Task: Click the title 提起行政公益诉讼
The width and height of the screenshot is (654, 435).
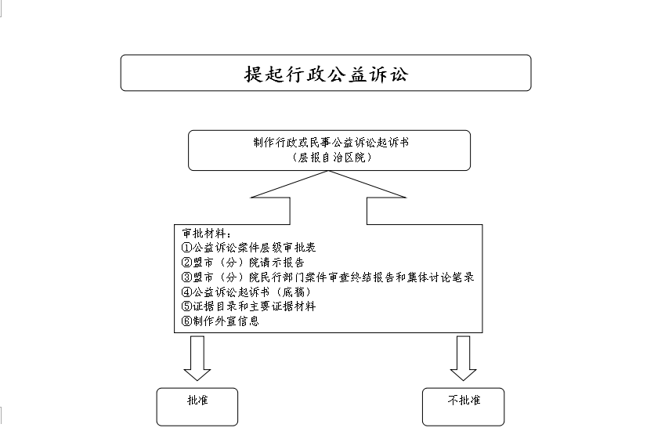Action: [326, 74]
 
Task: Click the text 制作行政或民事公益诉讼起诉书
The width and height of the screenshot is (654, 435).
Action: [331, 143]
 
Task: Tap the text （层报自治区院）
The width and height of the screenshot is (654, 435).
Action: [332, 157]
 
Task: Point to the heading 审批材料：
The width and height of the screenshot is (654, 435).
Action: [207, 234]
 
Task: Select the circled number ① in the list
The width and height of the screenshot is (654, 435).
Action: [186, 248]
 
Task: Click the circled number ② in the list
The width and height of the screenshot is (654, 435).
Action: [186, 262]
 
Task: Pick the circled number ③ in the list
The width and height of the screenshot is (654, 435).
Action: [186, 277]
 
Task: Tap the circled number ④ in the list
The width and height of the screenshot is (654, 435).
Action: [186, 292]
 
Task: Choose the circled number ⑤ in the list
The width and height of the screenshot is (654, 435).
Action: [186, 306]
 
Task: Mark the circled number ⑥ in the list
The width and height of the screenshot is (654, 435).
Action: [186, 321]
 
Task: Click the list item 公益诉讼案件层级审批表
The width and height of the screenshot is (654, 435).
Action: [254, 248]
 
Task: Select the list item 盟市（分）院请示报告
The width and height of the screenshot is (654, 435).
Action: [248, 262]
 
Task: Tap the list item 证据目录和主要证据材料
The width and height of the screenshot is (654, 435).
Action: [254, 306]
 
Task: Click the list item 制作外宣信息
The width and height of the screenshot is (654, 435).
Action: [226, 321]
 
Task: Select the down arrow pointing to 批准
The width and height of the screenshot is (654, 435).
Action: [197, 358]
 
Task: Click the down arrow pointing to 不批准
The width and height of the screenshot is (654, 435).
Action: [464, 358]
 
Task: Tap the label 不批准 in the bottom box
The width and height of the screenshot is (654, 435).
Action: [464, 400]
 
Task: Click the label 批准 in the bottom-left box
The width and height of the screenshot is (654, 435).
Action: [197, 400]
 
